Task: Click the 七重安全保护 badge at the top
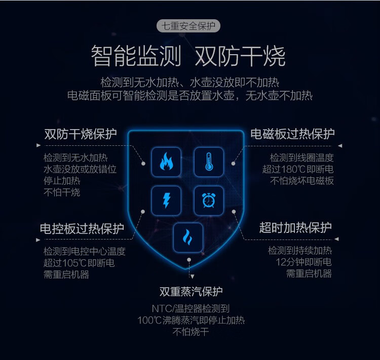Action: point(189,26)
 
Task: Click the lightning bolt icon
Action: point(166,201)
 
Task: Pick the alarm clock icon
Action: point(208,201)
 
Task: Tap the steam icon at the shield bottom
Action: point(188,237)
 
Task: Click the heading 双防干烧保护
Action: point(81,134)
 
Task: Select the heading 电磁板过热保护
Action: point(292,134)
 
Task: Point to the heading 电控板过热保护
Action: point(82,229)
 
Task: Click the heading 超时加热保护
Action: point(295,228)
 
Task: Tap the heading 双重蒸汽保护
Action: point(191,292)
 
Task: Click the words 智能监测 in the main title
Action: point(136,57)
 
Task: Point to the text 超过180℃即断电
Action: point(298,169)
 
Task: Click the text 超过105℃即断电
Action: point(79,263)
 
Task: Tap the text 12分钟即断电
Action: point(303,262)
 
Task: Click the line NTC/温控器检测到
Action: point(191,308)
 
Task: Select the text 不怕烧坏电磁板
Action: point(302,181)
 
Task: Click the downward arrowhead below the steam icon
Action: point(192,276)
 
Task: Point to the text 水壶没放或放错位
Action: point(80,169)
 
